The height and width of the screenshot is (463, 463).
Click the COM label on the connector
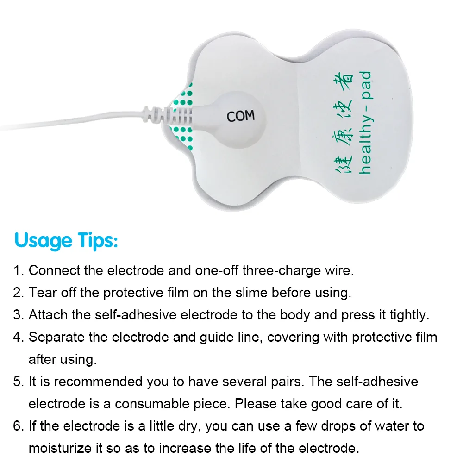pos(241,116)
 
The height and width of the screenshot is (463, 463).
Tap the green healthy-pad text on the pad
pos(365,122)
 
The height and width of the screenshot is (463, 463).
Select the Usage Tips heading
pos(66,240)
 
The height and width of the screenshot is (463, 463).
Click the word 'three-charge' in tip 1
pos(282,270)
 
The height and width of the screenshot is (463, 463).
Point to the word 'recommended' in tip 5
pos(98,382)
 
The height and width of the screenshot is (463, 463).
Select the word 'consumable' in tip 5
pos(152,404)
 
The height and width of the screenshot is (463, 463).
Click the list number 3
pos(19,315)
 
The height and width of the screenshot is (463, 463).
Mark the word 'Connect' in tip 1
pos(54,270)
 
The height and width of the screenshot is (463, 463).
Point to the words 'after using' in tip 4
pos(63,360)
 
